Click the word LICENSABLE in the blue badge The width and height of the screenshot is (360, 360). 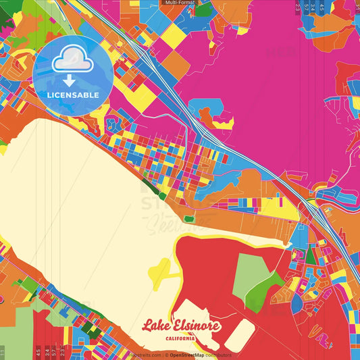coord(73,95)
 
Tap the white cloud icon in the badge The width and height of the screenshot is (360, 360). coord(72,61)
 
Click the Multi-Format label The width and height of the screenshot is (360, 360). coord(180,3)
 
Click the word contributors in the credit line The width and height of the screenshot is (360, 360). coord(218,355)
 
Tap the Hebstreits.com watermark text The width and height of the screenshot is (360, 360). coord(145,355)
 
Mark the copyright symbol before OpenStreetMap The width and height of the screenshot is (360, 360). coord(166,355)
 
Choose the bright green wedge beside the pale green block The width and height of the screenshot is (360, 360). coord(265,290)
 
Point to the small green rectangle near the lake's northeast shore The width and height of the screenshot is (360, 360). coord(189,218)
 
